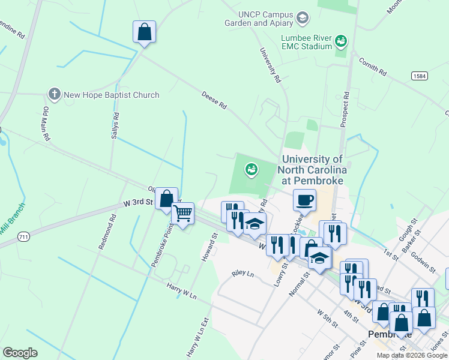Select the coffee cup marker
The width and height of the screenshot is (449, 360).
[x=304, y=200]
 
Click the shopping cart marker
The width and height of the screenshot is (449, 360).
[x=182, y=213]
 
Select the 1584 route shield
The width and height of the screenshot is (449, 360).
[x=420, y=76]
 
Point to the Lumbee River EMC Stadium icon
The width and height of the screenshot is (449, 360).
[x=341, y=41]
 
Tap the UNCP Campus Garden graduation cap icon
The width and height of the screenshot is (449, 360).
[x=303, y=19]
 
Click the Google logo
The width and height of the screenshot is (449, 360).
[x=20, y=352]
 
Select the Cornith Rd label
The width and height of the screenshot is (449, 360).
[x=372, y=66]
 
